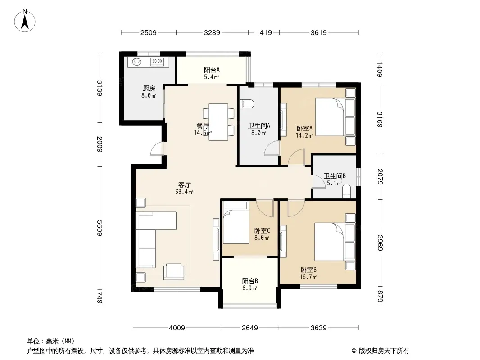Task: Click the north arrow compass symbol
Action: click(x=25, y=21)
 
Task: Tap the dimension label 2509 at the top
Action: click(x=149, y=33)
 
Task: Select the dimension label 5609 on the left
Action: click(x=100, y=228)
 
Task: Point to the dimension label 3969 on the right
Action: click(x=380, y=243)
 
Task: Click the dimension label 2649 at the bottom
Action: click(x=250, y=328)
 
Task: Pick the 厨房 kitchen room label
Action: click(x=149, y=88)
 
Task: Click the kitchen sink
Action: click(x=137, y=62)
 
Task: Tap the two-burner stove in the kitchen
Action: click(x=157, y=62)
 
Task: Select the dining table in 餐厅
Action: click(x=218, y=122)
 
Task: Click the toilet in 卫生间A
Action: click(x=247, y=104)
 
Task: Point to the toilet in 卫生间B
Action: click(x=346, y=190)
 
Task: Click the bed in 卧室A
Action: click(x=335, y=117)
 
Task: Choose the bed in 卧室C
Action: click(x=236, y=222)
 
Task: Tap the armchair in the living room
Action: click(x=174, y=272)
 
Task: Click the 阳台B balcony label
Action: click(x=250, y=281)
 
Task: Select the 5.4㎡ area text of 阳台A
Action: click(x=212, y=77)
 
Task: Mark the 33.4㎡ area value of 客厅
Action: click(x=184, y=192)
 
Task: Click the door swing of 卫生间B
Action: click(x=318, y=181)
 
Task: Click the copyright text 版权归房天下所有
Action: click(x=384, y=351)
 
